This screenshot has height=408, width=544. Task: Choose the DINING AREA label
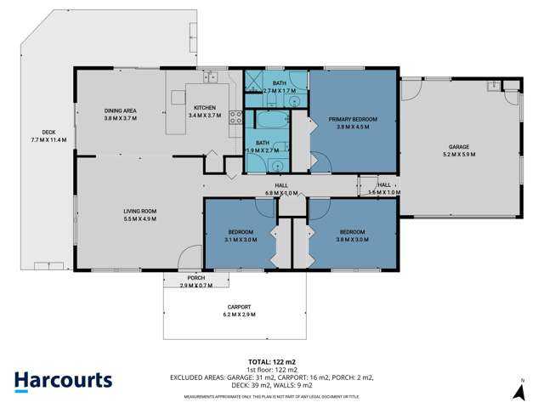(121, 110)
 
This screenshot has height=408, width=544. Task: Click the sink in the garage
(492, 85)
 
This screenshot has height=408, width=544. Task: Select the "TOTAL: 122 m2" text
(271, 361)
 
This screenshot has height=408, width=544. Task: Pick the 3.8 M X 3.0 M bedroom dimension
(352, 240)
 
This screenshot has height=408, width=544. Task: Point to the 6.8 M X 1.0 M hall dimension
(280, 193)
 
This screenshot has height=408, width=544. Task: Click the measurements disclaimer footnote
(271, 396)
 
